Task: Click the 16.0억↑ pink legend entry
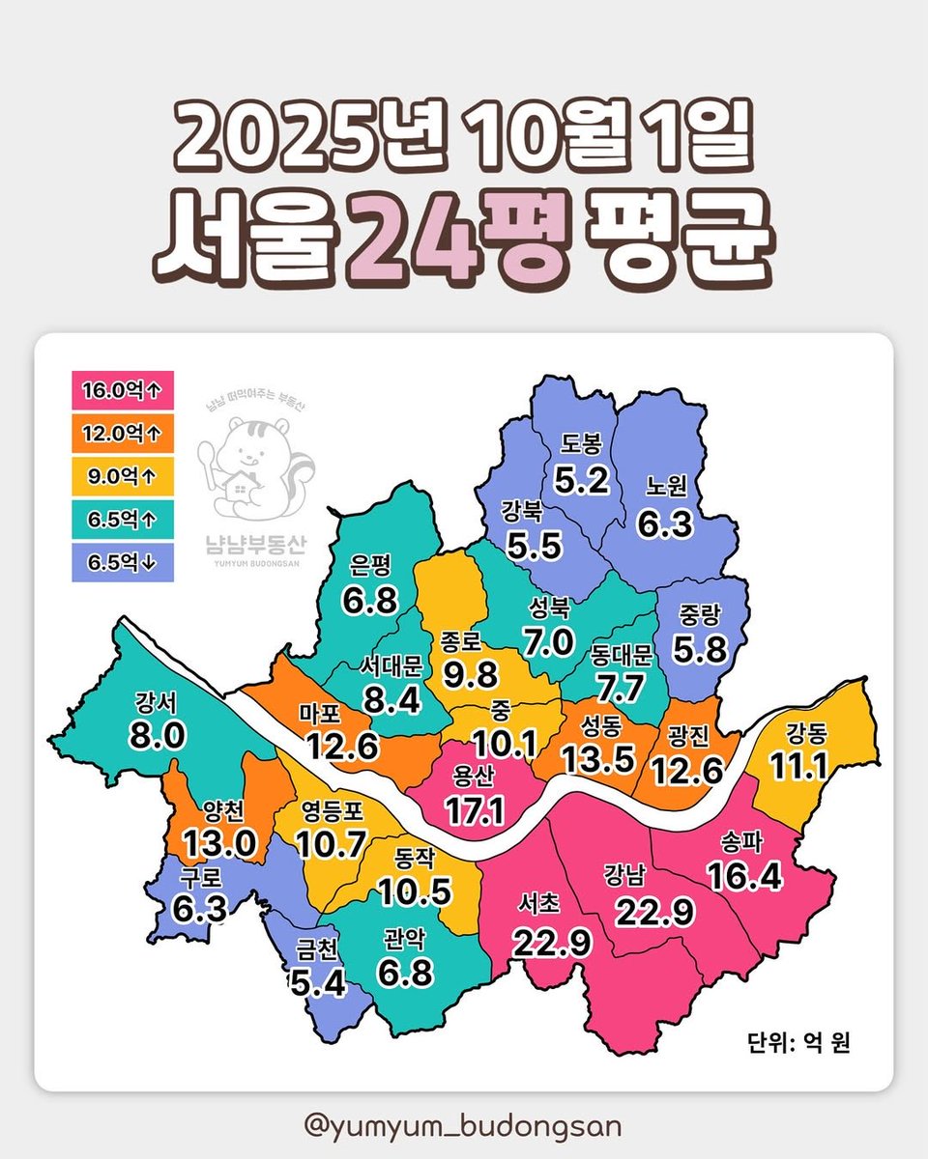122,391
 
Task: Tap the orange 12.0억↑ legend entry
122,433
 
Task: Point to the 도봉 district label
582,444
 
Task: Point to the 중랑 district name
702,616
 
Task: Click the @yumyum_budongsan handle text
462,1126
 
